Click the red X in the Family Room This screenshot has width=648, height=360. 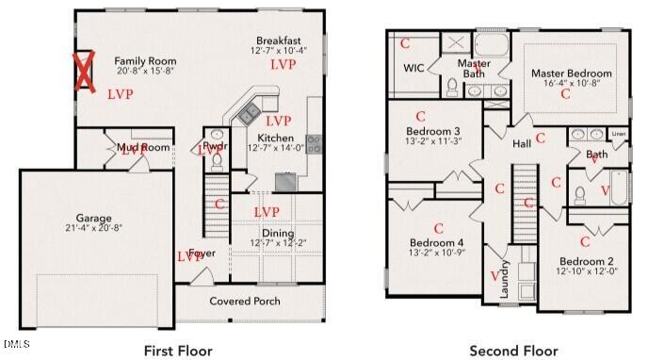(x=85, y=73)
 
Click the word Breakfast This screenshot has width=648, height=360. (x=278, y=41)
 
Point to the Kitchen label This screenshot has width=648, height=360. (x=270, y=138)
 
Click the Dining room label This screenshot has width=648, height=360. (x=277, y=233)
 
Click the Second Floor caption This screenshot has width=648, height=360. (x=513, y=351)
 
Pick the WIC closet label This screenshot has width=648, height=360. (x=413, y=68)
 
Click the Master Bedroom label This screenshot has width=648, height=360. (x=571, y=73)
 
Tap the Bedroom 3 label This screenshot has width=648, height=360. (x=432, y=131)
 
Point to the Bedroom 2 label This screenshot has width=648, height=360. (x=586, y=260)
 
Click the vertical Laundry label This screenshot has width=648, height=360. (x=504, y=280)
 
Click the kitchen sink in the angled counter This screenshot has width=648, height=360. (x=250, y=114)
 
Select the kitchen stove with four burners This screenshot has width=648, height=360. (x=313, y=143)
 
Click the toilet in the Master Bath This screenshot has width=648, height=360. (x=453, y=88)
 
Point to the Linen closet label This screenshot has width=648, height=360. (x=618, y=133)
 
